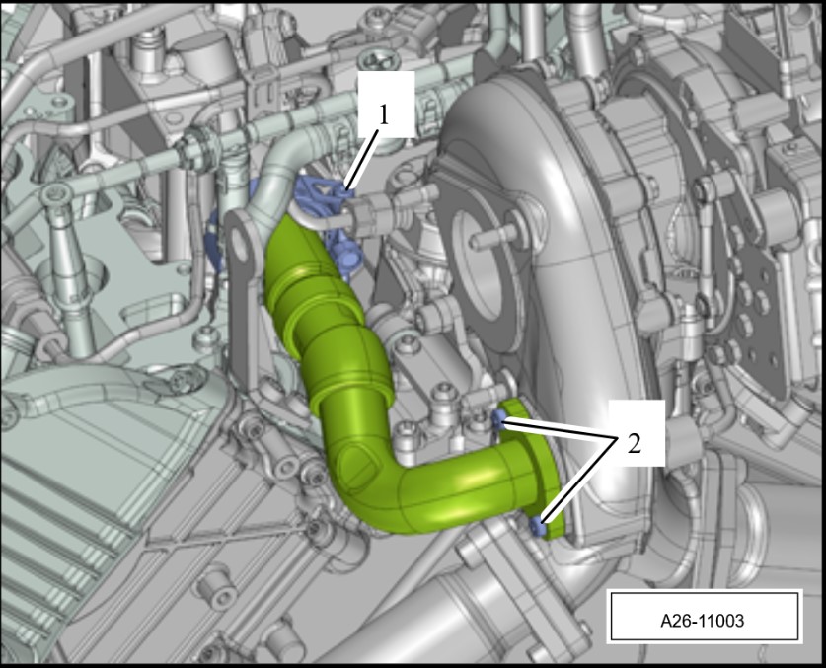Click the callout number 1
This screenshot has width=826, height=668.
pos(384,114)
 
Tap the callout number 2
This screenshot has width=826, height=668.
pos(635,443)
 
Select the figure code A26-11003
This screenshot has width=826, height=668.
pos(703,620)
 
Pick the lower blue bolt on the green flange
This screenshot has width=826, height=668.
pos(537,526)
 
